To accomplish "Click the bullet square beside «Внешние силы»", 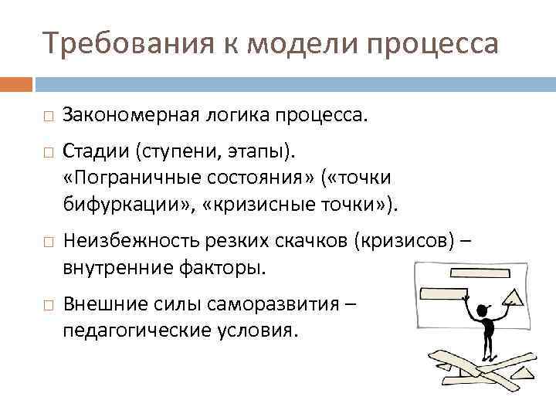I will point(48,303).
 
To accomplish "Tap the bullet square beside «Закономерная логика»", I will point(48,117).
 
